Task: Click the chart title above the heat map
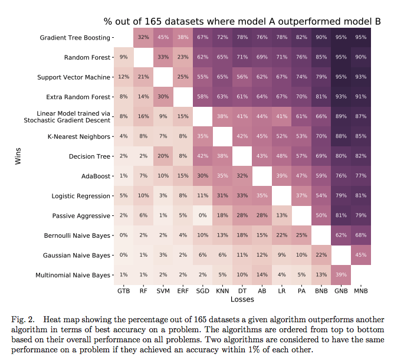pyautogui.click(x=242, y=21)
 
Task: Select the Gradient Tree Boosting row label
pyautogui.click(x=75, y=38)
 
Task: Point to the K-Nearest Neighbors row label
pyautogui.click(x=79, y=137)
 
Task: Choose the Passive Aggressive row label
pyautogui.click(x=81, y=216)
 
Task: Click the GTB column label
pyautogui.click(x=124, y=291)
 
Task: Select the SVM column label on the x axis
pyautogui.click(x=163, y=291)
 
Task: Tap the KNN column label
pyautogui.click(x=222, y=291)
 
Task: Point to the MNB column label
pyautogui.click(x=360, y=291)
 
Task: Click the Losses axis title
pyautogui.click(x=242, y=299)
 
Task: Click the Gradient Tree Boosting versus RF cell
pyautogui.click(x=143, y=38)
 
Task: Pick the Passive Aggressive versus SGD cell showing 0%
pyautogui.click(x=202, y=216)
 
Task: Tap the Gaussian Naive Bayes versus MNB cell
pyautogui.click(x=360, y=256)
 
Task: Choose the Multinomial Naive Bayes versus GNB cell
pyautogui.click(x=340, y=276)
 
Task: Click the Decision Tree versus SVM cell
pyautogui.click(x=163, y=156)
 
